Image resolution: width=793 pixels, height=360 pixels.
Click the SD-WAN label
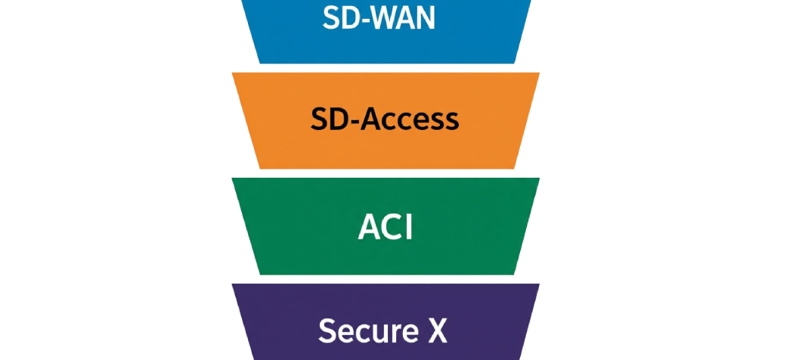(379, 19)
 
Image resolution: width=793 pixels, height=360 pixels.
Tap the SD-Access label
(385, 119)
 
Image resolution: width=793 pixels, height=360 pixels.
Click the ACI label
(386, 226)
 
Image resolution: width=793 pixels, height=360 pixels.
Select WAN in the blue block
(402, 19)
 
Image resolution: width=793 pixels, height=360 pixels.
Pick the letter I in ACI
(408, 226)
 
